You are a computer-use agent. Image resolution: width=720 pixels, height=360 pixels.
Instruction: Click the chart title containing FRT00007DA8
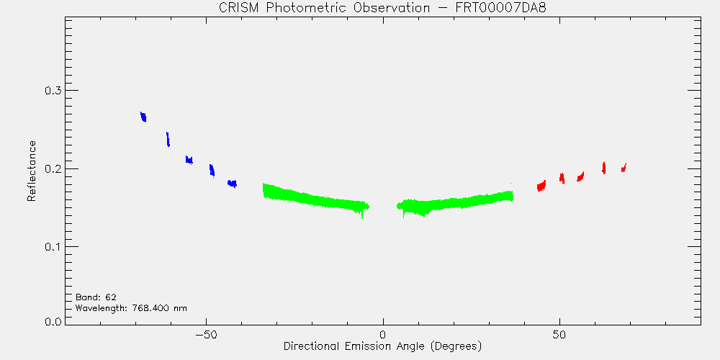(382, 8)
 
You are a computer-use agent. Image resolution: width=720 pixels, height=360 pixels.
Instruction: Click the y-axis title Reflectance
(31, 171)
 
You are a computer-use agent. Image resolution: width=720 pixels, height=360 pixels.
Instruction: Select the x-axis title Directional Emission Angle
(382, 346)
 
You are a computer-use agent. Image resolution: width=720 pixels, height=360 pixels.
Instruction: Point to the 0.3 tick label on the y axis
(54, 91)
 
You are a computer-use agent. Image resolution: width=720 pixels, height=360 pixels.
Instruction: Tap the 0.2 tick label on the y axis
(54, 168)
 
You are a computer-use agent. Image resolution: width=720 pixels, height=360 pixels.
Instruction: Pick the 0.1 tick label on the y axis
(54, 246)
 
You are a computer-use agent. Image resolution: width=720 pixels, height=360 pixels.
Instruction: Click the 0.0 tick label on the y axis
(54, 321)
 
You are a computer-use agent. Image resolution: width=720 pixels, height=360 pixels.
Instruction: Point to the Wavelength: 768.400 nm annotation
(131, 308)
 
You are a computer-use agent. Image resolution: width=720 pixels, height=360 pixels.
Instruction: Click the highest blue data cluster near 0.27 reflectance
(143, 117)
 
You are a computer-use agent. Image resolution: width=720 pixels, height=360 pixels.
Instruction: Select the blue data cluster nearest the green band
(232, 184)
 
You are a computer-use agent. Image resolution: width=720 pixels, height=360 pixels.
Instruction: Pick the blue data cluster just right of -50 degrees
(212, 171)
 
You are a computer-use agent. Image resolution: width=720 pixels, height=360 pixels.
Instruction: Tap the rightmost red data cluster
(624, 168)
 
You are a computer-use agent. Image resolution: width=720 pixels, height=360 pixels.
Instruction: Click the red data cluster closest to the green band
(541, 186)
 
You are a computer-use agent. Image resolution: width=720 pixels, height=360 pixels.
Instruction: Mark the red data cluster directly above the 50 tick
(562, 178)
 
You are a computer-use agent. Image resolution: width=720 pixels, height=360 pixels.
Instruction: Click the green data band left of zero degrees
(316, 199)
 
